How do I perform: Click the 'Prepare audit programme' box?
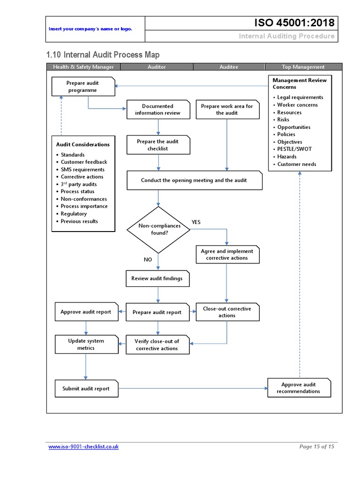(83, 87)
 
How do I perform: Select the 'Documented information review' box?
(158, 110)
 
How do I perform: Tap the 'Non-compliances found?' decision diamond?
(159, 229)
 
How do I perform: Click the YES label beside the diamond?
(196, 222)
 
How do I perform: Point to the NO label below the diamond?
(148, 259)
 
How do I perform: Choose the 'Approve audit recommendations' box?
(299, 388)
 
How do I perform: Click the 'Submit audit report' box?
(86, 389)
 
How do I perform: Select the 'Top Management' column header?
(303, 67)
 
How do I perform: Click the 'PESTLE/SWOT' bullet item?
(294, 149)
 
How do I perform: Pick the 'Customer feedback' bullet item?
(84, 162)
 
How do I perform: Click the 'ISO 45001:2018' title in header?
(294, 23)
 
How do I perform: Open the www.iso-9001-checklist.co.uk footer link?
(83, 447)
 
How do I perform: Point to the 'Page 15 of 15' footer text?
(316, 447)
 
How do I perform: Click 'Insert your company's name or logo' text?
(90, 29)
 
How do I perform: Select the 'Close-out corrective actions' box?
(227, 312)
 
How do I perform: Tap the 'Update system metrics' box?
(86, 345)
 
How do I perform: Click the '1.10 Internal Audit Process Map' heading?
(94, 54)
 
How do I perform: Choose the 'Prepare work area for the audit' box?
(227, 110)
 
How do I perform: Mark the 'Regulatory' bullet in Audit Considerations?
(74, 214)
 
